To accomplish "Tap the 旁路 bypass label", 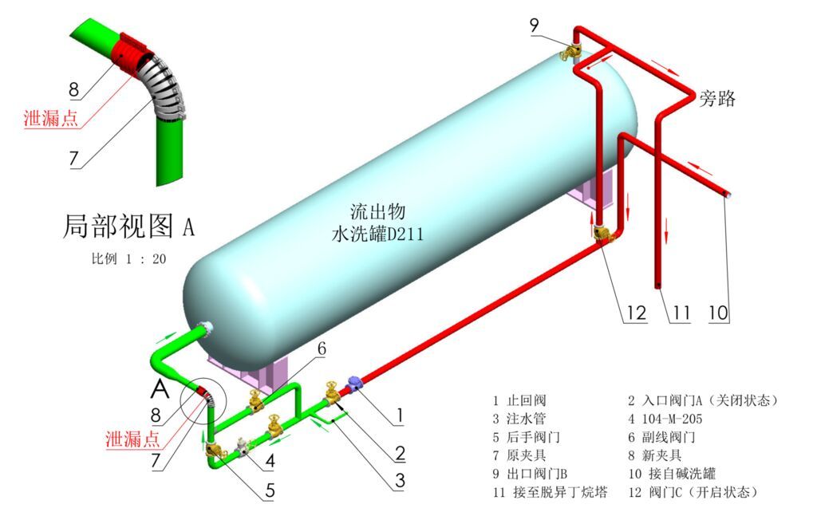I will pyautogui.click(x=717, y=99).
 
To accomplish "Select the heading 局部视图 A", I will pyautogui.click(x=128, y=227).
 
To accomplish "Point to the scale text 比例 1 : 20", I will pyautogui.click(x=128, y=259).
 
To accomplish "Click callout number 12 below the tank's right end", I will pyautogui.click(x=635, y=312).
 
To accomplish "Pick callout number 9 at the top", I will pyautogui.click(x=535, y=26).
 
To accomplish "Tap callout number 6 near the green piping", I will pyautogui.click(x=321, y=349).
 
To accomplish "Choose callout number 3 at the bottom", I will pyautogui.click(x=399, y=480).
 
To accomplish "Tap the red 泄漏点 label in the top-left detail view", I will pyautogui.click(x=50, y=118).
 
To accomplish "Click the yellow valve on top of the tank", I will pyautogui.click(x=570, y=52).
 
